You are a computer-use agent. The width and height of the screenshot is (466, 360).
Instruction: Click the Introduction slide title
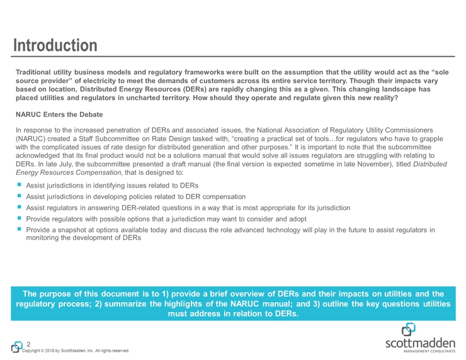coord(57,45)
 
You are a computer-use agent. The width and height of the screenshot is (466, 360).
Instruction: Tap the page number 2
coord(28,344)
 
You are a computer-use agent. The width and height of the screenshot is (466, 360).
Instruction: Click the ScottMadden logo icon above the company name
coord(409,329)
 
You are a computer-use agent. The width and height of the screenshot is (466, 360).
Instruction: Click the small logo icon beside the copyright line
coord(16,347)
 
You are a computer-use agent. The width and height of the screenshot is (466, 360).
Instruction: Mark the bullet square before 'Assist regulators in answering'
coord(20,207)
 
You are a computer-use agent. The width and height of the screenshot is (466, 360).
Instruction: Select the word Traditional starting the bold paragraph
coord(37,73)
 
